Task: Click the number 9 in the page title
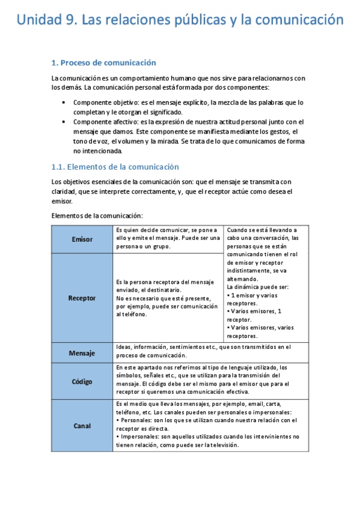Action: coord(71,20)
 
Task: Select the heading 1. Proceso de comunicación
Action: coord(103,63)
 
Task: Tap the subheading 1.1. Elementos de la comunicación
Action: coord(115,167)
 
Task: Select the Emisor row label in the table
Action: coord(82,239)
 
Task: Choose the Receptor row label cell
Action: coord(82,298)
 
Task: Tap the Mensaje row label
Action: coord(82,353)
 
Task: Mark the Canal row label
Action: coord(82,426)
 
